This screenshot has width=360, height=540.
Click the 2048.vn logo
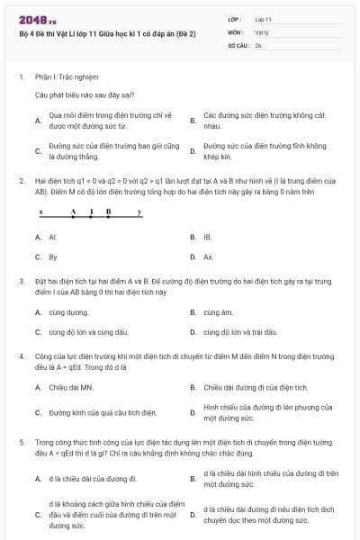pos(37,17)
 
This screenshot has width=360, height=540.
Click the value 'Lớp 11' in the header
pos(263,18)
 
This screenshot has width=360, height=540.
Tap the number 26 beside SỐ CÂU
pos(258,43)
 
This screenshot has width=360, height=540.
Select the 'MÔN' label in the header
pos(235,31)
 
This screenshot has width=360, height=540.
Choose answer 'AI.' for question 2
pos(53,238)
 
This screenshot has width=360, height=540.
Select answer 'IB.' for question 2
pos(208,238)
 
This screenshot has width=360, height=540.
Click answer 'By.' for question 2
pos(53,257)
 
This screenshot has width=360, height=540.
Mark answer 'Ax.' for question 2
pos(208,257)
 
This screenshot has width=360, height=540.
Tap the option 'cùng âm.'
pos(218,312)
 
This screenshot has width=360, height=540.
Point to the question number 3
pos(21,282)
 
